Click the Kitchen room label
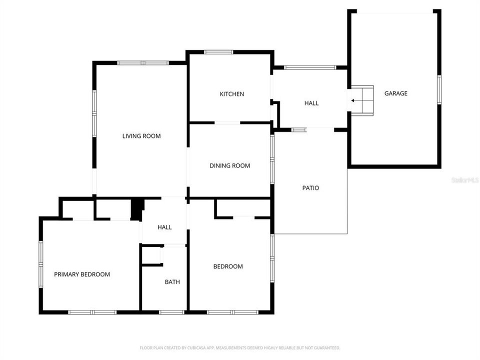232,94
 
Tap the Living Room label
141,136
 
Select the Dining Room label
229,166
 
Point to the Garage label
395,93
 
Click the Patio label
310,188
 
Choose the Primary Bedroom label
82,274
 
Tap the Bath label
172,282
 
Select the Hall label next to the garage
311,103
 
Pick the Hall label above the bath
164,227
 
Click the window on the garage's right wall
439,89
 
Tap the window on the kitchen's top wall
218,51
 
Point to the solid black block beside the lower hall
136,208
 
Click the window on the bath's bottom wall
171,312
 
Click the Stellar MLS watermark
464,179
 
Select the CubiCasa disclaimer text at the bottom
240,347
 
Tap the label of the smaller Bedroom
228,266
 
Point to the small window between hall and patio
298,130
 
